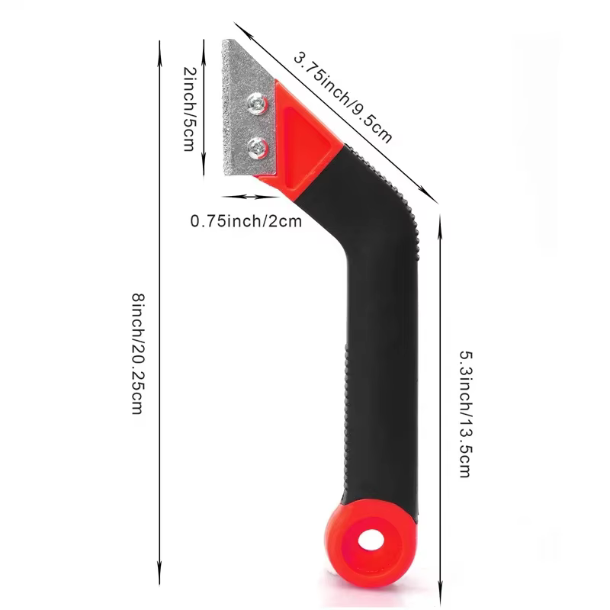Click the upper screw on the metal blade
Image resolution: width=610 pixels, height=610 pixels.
coord(258,104)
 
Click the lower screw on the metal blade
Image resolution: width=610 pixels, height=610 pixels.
coord(258,148)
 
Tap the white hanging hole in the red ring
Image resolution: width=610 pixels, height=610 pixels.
coord(371,540)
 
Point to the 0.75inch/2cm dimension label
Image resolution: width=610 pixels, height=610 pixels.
coord(246,221)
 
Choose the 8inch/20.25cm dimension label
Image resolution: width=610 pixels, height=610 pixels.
coord(138,354)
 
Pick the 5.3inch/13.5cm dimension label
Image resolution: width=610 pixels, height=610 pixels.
coord(466,414)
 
